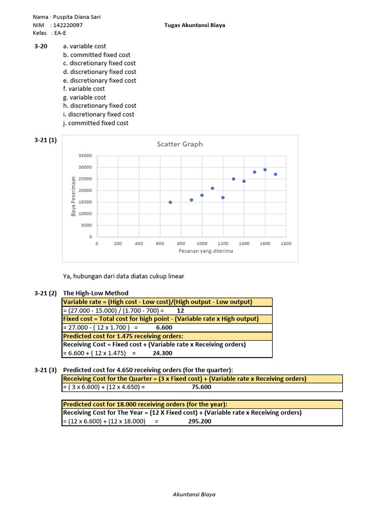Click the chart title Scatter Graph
(179, 144)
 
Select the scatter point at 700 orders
(170, 202)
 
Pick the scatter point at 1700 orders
(275, 174)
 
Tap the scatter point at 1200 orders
(223, 198)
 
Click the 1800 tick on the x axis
(286, 244)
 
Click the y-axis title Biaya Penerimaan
(74, 196)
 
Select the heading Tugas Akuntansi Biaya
(195, 25)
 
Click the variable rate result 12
(180, 310)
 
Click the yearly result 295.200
(201, 421)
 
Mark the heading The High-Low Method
(95, 293)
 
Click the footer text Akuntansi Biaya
(195, 494)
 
